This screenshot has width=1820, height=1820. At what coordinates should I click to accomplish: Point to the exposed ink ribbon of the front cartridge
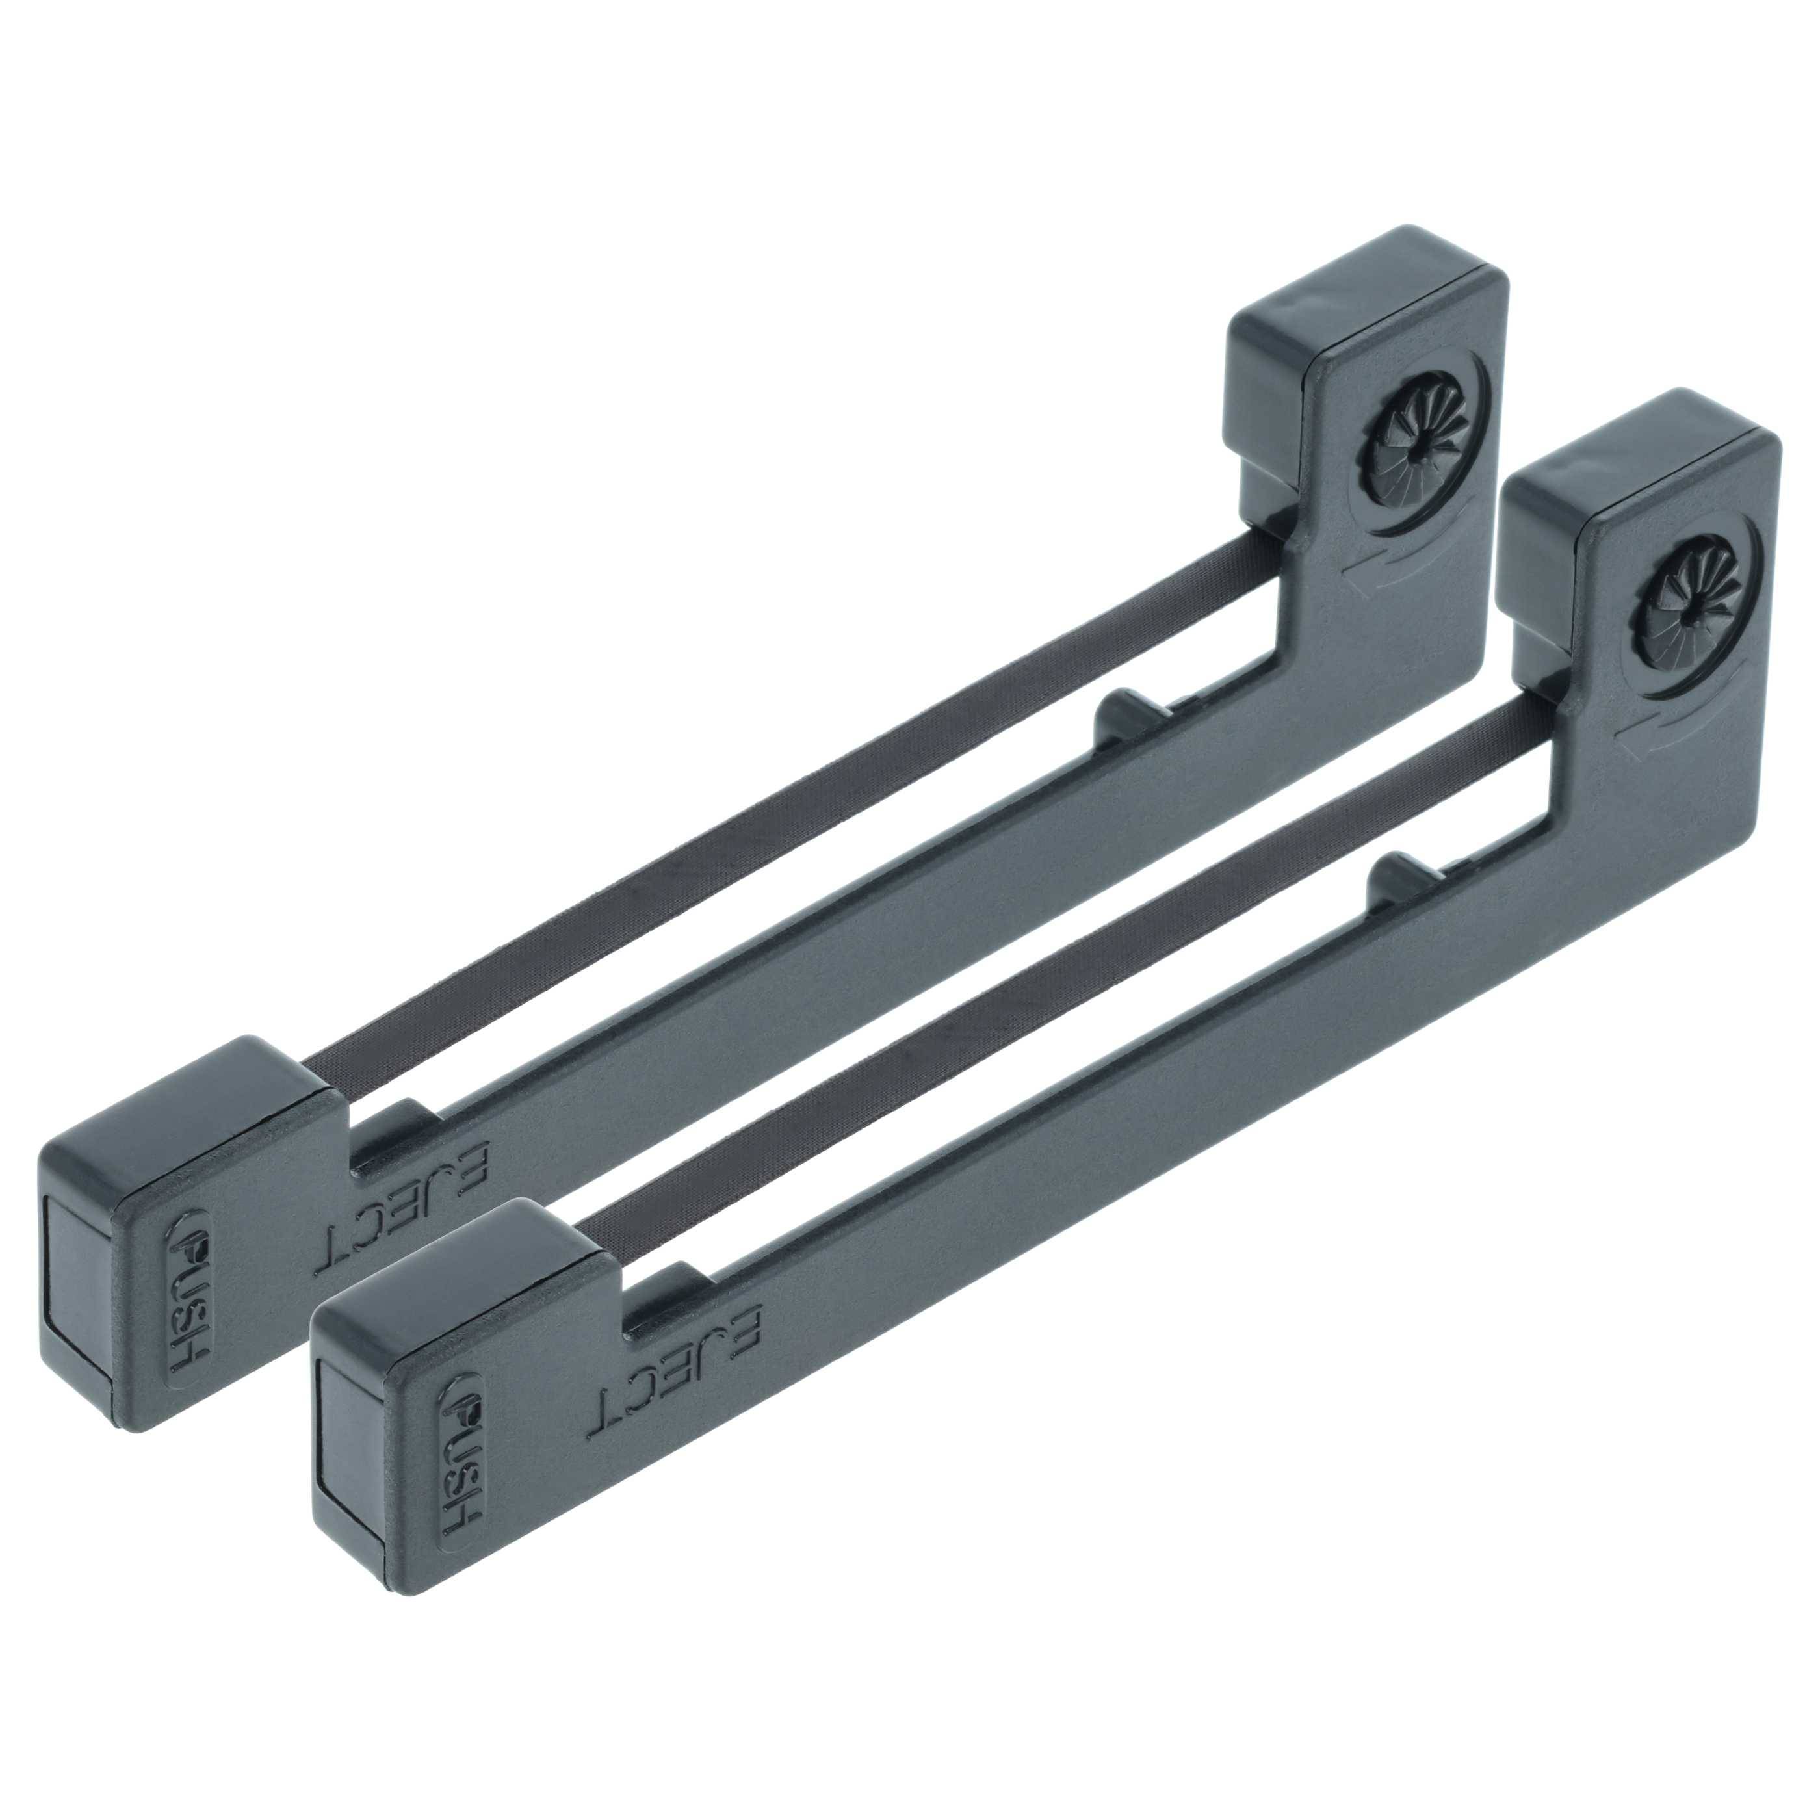(1065, 970)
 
